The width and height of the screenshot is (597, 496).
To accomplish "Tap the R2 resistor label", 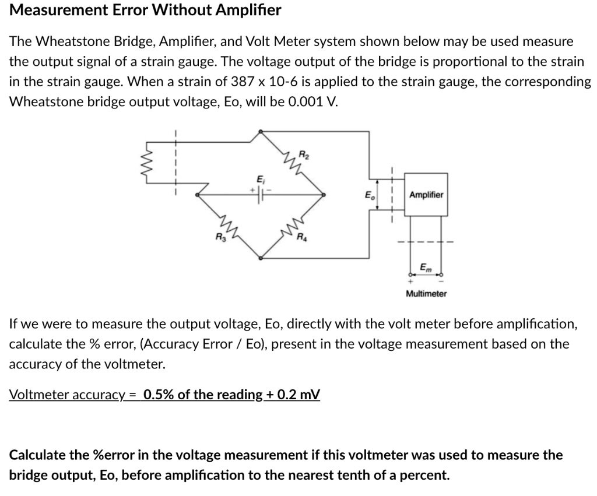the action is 303,155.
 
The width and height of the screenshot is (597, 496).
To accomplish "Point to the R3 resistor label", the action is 219,237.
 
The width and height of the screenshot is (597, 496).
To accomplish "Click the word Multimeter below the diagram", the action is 426,294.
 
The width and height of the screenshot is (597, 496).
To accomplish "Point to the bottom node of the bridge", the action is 259,257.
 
